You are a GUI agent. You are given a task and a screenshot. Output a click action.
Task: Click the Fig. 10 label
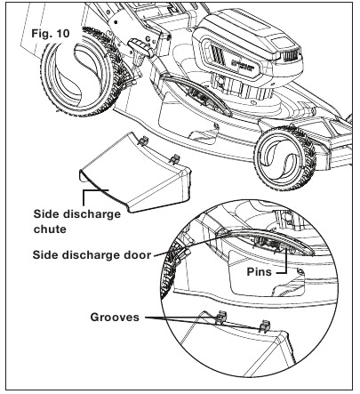pos(51,33)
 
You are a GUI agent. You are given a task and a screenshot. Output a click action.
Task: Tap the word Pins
pos(259,271)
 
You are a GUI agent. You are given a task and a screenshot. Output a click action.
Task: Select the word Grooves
pos(115,317)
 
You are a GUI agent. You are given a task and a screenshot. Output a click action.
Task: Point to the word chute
pos(50,229)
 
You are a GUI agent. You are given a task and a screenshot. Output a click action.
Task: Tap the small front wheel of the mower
pos(285,158)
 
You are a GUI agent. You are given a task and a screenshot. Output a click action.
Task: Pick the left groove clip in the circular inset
pos(220,318)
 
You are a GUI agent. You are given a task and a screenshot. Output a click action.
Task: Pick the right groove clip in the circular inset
pos(265,326)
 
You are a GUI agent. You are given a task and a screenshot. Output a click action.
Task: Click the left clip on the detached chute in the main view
pos(143,141)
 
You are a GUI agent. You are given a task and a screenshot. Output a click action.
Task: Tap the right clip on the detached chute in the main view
pos(175,159)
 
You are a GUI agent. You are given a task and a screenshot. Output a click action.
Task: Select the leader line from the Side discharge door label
pos(189,243)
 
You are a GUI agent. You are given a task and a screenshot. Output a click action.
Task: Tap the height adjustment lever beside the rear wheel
pos(140,47)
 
